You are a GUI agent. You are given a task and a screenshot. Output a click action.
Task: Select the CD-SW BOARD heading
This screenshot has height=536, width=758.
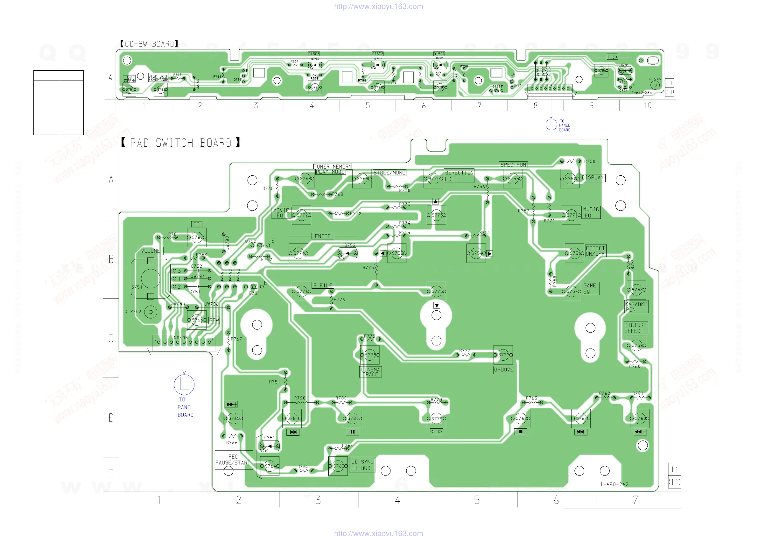click(x=149, y=44)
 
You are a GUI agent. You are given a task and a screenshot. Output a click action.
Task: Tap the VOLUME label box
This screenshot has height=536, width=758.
click(x=150, y=251)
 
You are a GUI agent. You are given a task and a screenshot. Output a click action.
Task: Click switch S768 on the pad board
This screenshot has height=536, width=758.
click(x=305, y=179)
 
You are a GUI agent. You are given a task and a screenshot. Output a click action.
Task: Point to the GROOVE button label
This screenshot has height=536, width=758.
click(x=503, y=370)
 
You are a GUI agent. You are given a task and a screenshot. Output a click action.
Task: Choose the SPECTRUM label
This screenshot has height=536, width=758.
click(x=513, y=165)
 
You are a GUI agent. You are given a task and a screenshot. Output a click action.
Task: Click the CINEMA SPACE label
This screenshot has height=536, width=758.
click(x=370, y=372)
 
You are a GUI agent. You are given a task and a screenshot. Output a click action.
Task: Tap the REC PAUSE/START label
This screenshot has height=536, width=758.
click(x=233, y=460)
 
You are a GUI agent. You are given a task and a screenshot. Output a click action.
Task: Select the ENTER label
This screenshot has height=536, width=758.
click(x=323, y=236)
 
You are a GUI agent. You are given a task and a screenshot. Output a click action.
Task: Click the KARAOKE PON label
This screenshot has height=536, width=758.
click(x=636, y=307)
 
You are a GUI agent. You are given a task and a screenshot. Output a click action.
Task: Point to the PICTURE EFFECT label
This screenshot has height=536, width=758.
click(x=635, y=328)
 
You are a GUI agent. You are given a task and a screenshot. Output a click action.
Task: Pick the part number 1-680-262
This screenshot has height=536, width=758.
click(x=614, y=484)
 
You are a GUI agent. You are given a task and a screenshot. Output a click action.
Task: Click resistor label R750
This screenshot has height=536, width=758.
click(x=589, y=161)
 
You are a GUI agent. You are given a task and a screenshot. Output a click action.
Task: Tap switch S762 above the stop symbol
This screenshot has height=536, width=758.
click(x=521, y=419)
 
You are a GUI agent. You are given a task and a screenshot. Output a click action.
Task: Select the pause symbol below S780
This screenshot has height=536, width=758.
click(x=352, y=432)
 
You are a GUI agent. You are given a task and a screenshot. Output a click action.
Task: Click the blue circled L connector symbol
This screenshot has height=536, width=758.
click(x=184, y=385)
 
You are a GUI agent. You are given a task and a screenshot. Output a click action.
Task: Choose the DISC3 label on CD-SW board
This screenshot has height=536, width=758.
click(x=314, y=54)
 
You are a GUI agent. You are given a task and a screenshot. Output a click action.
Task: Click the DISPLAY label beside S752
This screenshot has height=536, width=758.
click(x=593, y=178)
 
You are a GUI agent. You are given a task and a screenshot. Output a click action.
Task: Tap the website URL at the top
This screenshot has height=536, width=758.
click(x=378, y=6)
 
